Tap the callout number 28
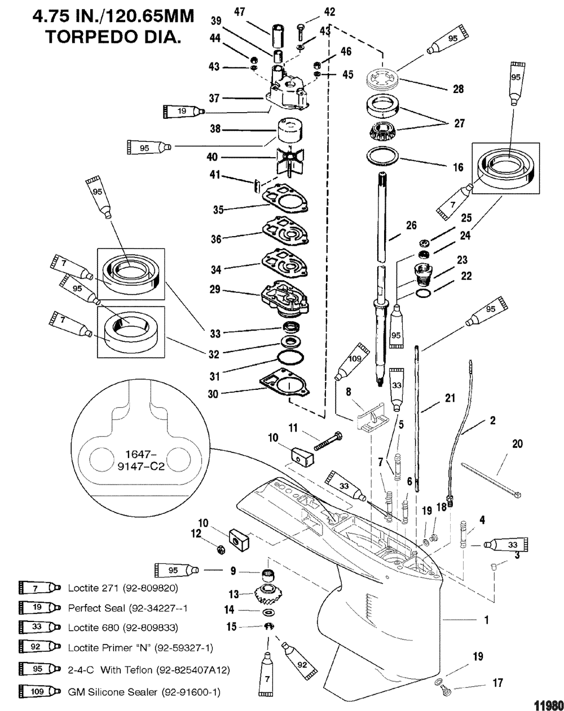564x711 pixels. coord(459,89)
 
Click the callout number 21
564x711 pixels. coord(450,398)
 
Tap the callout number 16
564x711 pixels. coord(459,167)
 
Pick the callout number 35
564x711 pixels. coord(217,210)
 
